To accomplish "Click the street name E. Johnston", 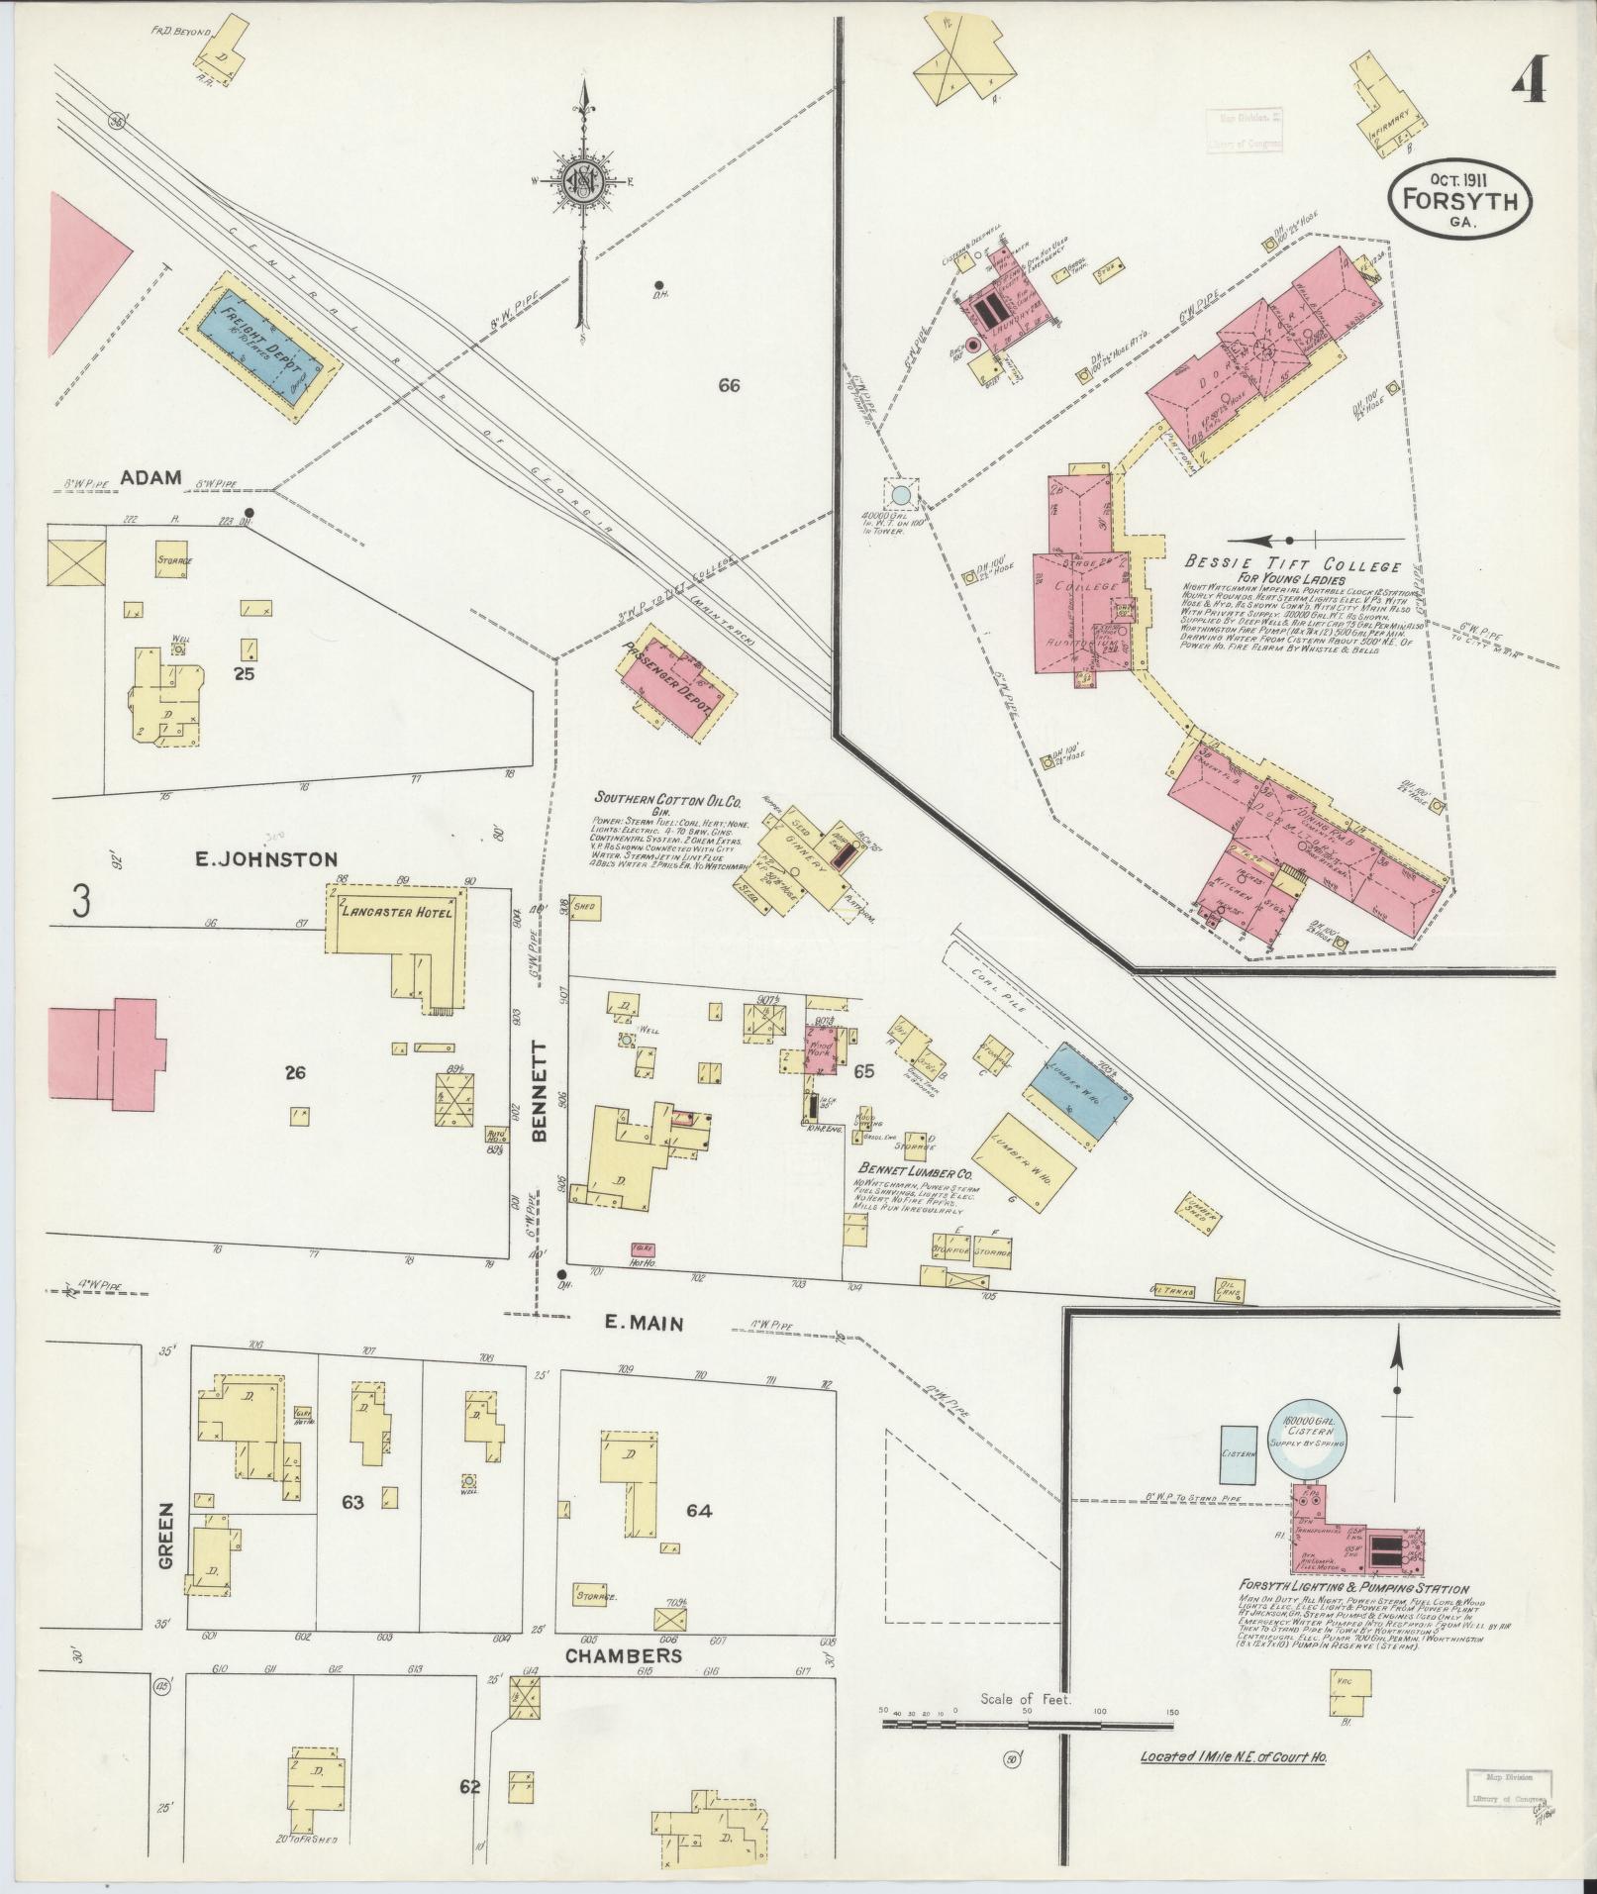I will pos(266,859).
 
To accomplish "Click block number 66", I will pos(730,386).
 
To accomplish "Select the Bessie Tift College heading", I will pos(1292,566).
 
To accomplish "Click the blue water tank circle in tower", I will pos(900,492).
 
